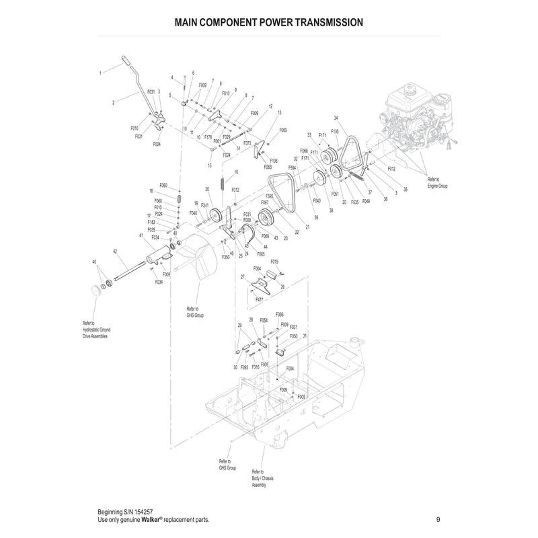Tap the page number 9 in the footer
[x=438, y=520]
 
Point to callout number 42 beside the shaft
[x=115, y=251]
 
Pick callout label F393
[x=280, y=314]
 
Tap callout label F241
[x=205, y=205]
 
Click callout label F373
[x=247, y=143]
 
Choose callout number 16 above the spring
[x=236, y=173]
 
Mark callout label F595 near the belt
[x=269, y=196]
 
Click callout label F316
[x=256, y=368]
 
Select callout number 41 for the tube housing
[x=141, y=236]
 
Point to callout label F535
[x=354, y=201]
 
